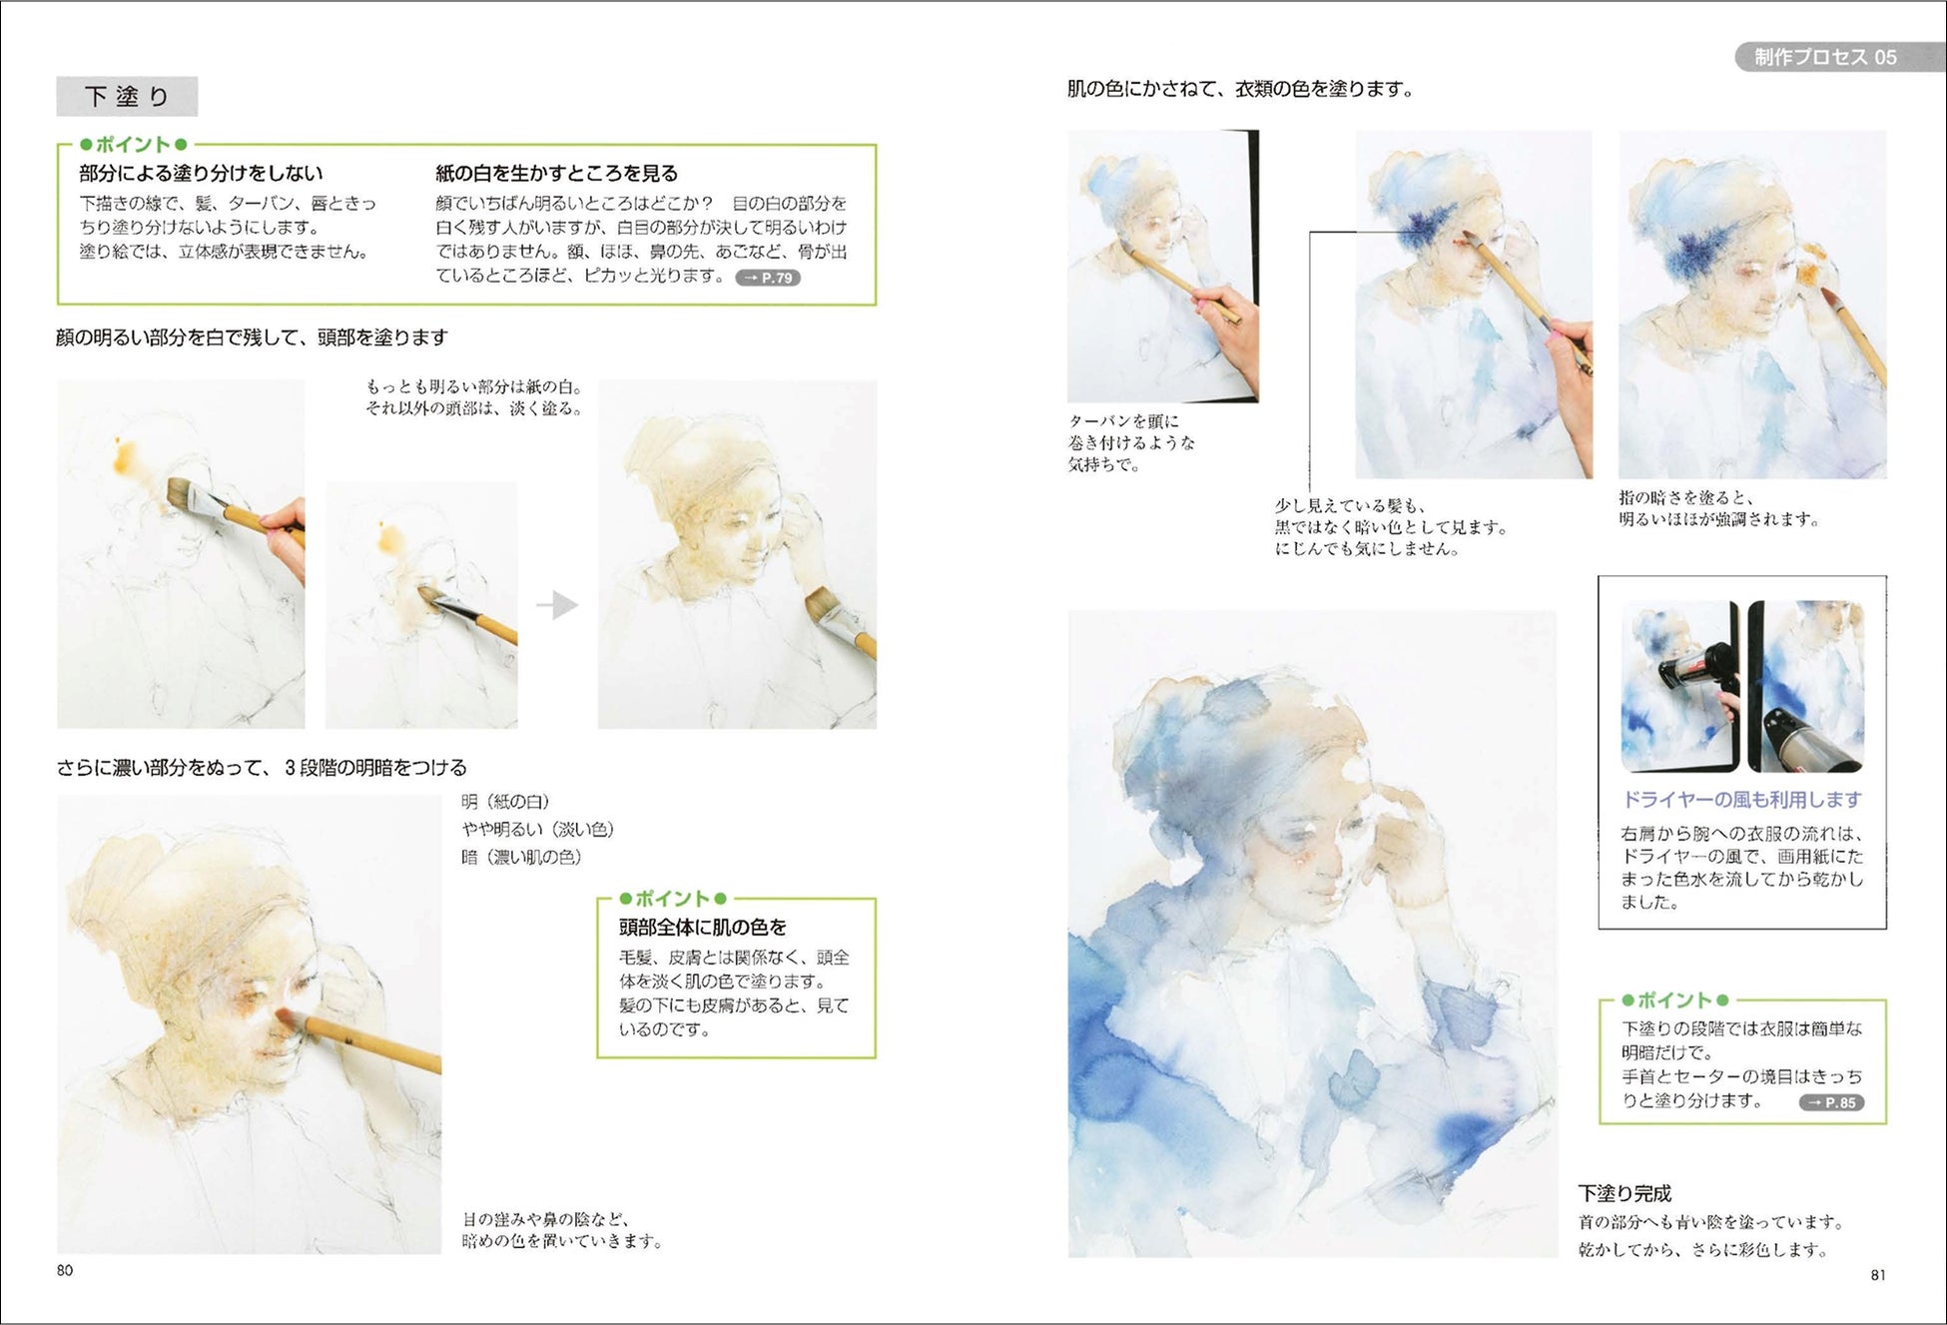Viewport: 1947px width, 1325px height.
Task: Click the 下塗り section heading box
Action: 127,97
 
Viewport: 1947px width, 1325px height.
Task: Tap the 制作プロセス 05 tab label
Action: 1826,57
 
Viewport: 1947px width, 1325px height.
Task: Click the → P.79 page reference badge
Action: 768,278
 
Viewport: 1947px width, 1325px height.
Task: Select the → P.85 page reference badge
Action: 1831,1102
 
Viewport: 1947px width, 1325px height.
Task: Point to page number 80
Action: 65,1270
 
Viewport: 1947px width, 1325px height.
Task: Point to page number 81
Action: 1878,1274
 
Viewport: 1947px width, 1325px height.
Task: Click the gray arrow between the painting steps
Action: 557,605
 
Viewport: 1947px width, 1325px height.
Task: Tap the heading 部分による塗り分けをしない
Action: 202,173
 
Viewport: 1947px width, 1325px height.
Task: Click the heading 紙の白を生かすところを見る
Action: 556,173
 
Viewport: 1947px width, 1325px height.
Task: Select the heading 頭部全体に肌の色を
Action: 703,928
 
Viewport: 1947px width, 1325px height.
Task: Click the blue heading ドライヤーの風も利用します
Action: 1742,799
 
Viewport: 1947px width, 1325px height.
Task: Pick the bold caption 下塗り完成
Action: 1624,1193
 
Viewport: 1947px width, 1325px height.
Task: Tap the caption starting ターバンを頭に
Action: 1131,442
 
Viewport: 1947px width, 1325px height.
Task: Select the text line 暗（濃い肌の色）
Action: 521,857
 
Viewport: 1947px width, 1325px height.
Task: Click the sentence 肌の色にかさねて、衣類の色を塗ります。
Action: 1241,89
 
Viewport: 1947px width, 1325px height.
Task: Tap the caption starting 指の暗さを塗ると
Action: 1719,508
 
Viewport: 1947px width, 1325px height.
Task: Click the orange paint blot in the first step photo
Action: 126,455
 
